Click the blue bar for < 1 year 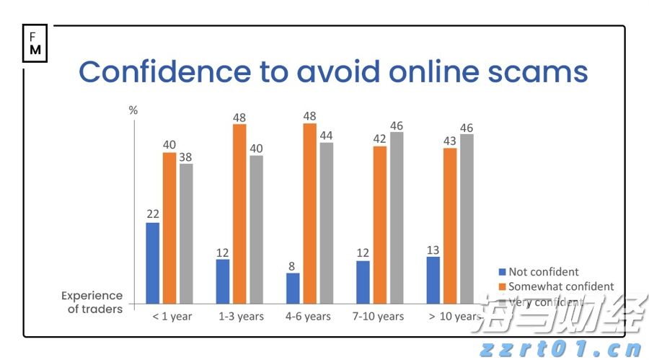(x=152, y=263)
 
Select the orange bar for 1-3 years (x=239, y=214)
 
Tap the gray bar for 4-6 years (x=327, y=222)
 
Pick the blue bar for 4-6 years (x=293, y=288)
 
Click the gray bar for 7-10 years (x=397, y=217)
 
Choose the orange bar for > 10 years (x=450, y=225)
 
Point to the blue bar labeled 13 (x=433, y=279)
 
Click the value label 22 (x=152, y=214)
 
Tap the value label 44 (x=327, y=135)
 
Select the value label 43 (x=450, y=140)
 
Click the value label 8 (x=293, y=265)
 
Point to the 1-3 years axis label (x=242, y=317)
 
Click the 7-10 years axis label (x=379, y=317)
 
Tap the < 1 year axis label (x=172, y=317)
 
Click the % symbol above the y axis (x=133, y=110)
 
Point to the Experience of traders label (x=92, y=302)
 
